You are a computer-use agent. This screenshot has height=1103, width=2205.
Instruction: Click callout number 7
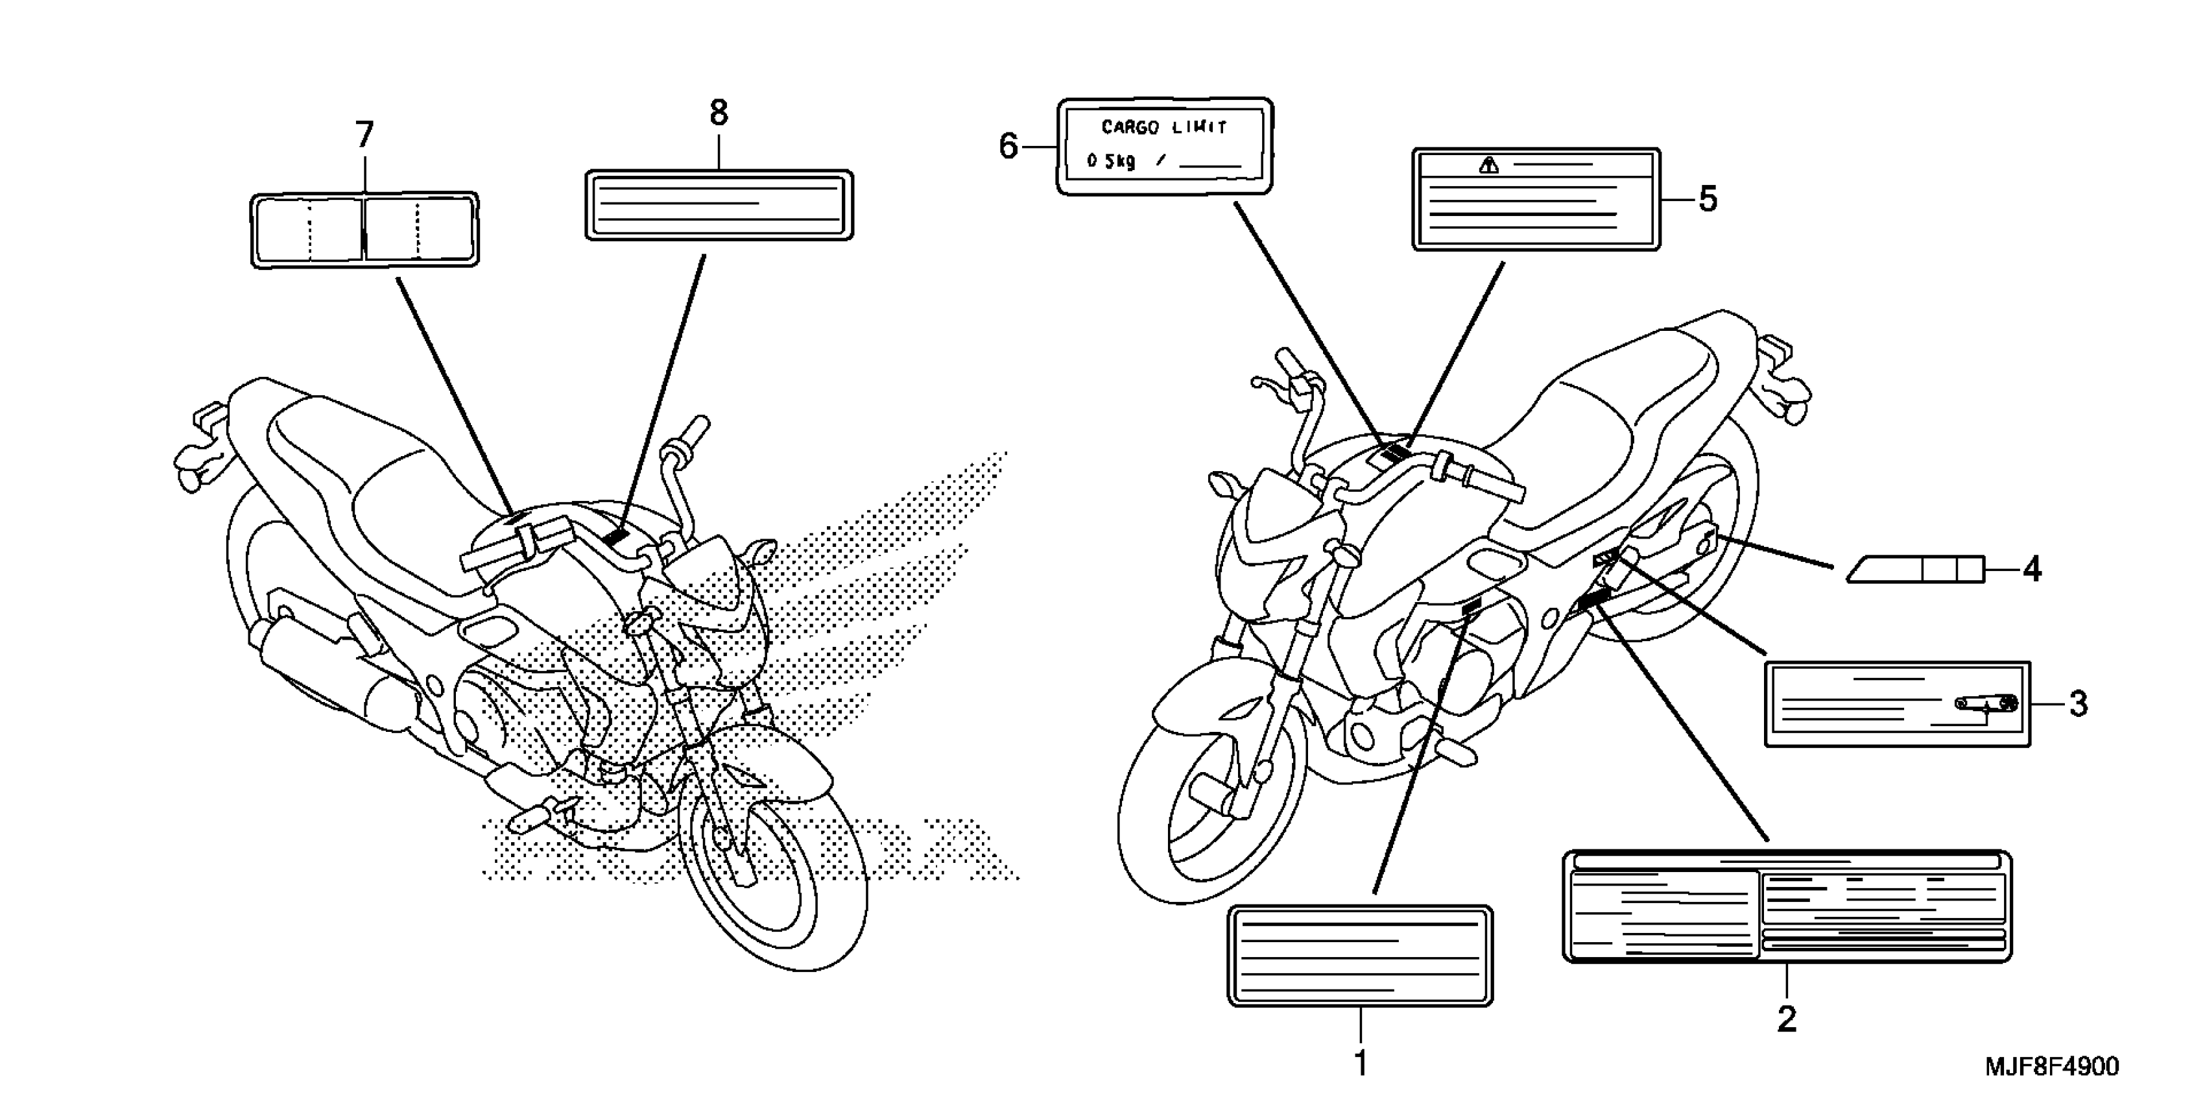pos(364,136)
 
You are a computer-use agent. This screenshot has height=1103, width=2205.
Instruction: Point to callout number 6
pos(1008,147)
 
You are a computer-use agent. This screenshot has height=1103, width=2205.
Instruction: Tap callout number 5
pos(1707,200)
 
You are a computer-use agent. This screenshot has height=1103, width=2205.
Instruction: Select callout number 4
pos(2031,568)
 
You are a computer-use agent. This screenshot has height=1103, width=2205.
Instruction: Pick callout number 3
pos(2079,704)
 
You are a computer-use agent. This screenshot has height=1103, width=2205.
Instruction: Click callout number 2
pos(1787,1019)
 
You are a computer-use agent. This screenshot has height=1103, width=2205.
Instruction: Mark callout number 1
pos(1360,1063)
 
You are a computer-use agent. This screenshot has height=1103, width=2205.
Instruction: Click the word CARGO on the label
pos(1130,128)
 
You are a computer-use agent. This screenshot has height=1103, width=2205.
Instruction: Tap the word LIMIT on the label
pos(1199,128)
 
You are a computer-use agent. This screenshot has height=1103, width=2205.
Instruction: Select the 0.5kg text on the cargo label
pos(1111,161)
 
